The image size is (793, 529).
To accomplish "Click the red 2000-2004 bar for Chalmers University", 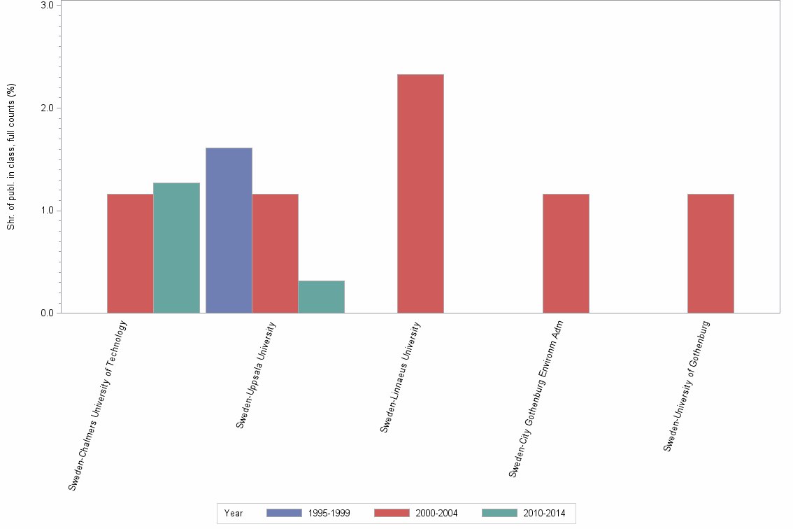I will click(130, 253).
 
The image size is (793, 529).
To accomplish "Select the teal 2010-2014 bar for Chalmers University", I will click(176, 248).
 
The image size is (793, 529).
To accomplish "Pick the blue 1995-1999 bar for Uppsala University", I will click(229, 230).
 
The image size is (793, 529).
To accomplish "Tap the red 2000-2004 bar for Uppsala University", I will click(275, 253).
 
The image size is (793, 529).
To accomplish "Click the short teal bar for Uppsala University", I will click(321, 297).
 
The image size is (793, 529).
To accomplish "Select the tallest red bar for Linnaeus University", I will click(420, 194).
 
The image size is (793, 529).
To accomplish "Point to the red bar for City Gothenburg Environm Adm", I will click(566, 253).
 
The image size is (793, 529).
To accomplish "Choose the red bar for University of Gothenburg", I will click(710, 253).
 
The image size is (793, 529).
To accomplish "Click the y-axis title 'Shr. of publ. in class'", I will click(11, 157).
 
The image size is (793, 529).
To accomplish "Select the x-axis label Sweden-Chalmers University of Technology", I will click(98, 404).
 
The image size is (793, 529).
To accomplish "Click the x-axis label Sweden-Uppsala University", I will click(256, 374).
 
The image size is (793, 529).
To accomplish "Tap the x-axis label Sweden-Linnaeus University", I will click(401, 376).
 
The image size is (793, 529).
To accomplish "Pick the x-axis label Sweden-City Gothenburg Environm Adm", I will click(536, 399).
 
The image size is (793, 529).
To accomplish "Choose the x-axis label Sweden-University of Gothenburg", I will click(687, 386).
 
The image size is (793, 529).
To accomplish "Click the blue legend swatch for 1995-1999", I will click(284, 514).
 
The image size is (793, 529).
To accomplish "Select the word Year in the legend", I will click(234, 514).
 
